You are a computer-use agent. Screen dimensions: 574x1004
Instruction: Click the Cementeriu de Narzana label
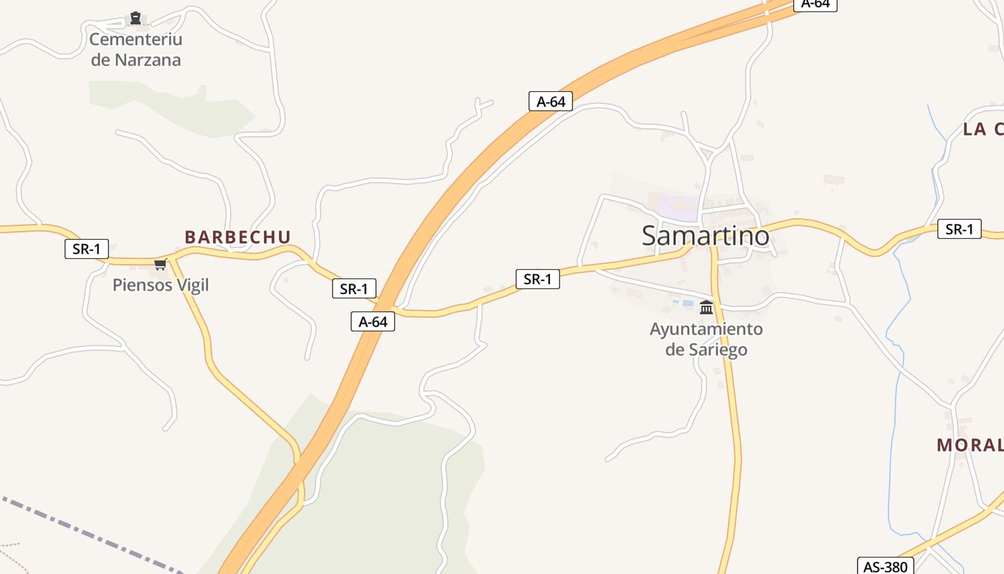136,50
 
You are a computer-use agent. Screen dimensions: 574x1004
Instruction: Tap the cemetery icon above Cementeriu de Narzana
136,18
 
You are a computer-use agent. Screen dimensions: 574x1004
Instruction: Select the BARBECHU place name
237,237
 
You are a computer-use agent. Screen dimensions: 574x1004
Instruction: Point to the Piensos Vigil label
161,285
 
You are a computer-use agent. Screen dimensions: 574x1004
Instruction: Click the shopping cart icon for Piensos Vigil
160,265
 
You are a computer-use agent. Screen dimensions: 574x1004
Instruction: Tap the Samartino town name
705,235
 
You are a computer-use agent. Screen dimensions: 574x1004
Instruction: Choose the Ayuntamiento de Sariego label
706,339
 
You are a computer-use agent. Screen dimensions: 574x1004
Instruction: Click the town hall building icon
706,308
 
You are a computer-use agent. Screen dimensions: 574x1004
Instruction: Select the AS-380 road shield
885,567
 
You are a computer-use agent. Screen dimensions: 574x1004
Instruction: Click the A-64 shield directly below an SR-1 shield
373,321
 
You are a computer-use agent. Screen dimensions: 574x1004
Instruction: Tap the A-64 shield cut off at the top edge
815,4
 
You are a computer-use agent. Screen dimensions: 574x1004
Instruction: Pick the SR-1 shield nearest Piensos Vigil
87,249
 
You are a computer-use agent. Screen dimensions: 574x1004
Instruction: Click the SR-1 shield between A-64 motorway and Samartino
537,279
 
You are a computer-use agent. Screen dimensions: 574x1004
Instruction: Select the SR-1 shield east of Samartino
960,229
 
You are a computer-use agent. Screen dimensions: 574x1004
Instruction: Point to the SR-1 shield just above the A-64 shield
354,288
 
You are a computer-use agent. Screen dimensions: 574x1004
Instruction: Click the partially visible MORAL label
970,445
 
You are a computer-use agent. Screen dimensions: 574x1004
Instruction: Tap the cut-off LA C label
982,129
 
